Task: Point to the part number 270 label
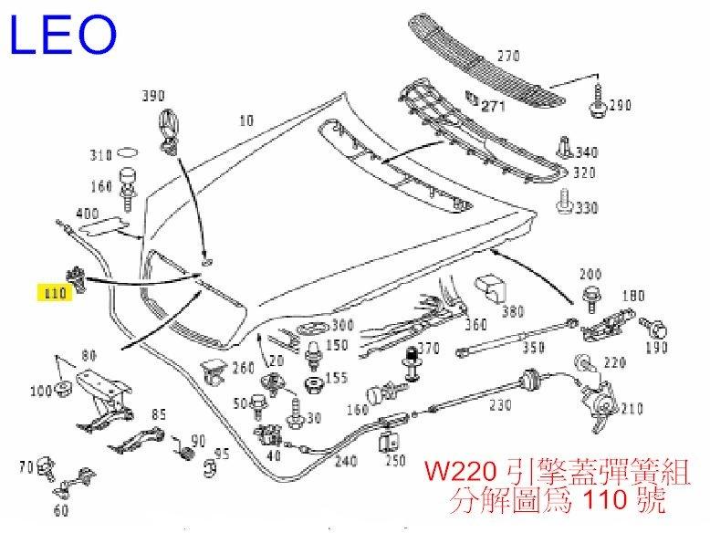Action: tap(507, 56)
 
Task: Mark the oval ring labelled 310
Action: tap(129, 153)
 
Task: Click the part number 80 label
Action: tap(89, 356)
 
